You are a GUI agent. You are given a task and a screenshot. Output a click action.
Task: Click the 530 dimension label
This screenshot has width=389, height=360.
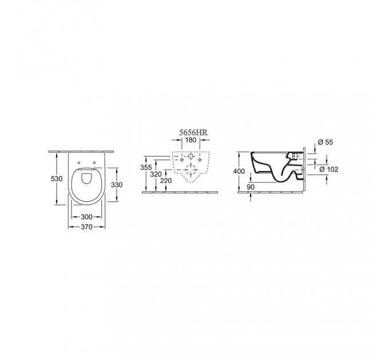pyautogui.click(x=57, y=178)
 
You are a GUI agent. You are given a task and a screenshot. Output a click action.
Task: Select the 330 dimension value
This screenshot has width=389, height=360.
pyautogui.click(x=117, y=185)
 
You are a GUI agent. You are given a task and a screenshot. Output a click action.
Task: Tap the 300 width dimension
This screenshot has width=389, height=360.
pyautogui.click(x=86, y=217)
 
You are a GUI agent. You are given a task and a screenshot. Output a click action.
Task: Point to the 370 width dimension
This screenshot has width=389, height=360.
pyautogui.click(x=86, y=227)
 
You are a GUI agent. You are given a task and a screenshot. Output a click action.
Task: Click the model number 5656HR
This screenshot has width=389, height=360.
pyautogui.click(x=193, y=133)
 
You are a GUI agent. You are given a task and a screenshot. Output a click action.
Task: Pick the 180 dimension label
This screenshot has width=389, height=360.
pyautogui.click(x=190, y=140)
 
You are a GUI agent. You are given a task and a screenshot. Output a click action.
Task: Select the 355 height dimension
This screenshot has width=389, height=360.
pyautogui.click(x=146, y=167)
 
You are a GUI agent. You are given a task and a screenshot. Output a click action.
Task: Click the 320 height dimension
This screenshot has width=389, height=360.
pyautogui.click(x=156, y=174)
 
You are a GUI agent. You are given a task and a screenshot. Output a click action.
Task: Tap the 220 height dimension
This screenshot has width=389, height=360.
pyautogui.click(x=166, y=181)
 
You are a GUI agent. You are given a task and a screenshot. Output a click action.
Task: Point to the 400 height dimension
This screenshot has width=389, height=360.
pyautogui.click(x=239, y=171)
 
